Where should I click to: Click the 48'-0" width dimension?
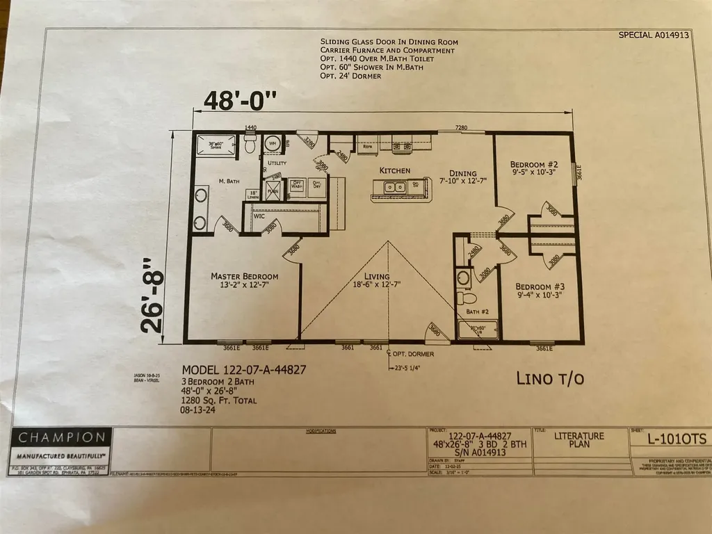tap(239, 101)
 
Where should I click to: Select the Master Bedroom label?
tap(244, 276)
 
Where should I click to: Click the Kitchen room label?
tap(394, 170)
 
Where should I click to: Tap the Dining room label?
tap(462, 174)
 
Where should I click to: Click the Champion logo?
tap(62, 438)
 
